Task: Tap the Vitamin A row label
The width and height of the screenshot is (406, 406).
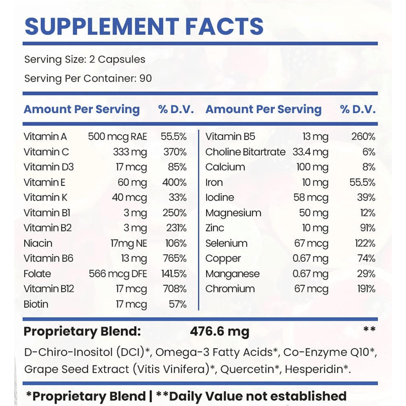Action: (x=45, y=137)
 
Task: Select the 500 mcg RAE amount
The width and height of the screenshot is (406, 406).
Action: (x=117, y=137)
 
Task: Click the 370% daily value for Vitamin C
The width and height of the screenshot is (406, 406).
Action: (x=175, y=152)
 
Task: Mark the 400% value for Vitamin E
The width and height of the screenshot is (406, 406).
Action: (x=175, y=182)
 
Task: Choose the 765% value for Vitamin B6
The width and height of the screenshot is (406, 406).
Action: (x=175, y=258)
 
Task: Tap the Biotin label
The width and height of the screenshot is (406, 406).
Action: (x=36, y=304)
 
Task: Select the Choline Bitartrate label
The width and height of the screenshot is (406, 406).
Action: (x=246, y=152)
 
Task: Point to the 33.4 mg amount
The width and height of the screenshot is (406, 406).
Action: (x=311, y=152)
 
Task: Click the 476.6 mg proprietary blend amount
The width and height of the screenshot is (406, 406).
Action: (x=220, y=332)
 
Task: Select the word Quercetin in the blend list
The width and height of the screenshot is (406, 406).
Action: (x=244, y=369)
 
